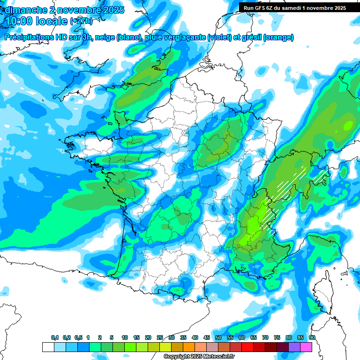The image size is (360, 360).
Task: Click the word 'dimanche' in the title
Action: pyautogui.click(x=24, y=9)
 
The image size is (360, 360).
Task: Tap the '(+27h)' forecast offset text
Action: pyautogui.click(x=81, y=21)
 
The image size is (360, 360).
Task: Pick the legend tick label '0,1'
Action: pyautogui.click(x=54, y=338)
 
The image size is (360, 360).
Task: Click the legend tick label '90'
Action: pyautogui.click(x=312, y=338)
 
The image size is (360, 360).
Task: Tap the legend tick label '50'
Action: pyautogui.click(x=218, y=338)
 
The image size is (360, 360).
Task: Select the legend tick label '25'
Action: pyautogui.click(x=160, y=338)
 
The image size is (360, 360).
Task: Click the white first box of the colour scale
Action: pyautogui.click(x=48, y=347)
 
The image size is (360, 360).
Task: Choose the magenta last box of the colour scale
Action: pyautogui.click(x=306, y=347)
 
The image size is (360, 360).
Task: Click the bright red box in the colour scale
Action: pyautogui.click(x=247, y=347)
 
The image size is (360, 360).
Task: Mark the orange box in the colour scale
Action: pyautogui.click(x=189, y=347)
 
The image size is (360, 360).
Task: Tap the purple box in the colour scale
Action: pyautogui.click(x=294, y=347)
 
